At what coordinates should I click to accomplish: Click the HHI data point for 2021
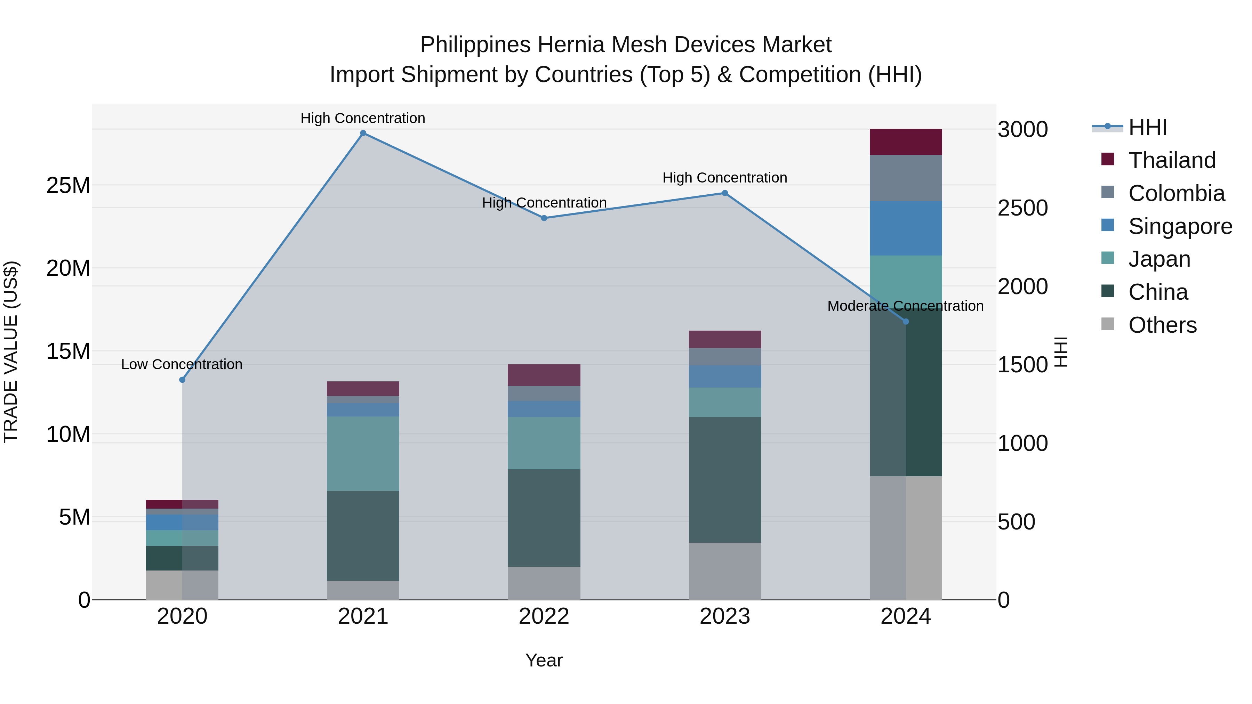pos(363,133)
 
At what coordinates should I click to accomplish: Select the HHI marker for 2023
pos(725,193)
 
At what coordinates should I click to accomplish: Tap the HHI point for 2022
pos(544,218)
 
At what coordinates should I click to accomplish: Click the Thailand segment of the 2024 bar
pos(906,142)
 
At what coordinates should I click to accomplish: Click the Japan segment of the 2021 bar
pos(363,453)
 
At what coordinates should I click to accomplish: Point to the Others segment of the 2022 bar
pos(544,583)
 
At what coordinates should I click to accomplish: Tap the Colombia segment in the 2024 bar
pos(906,178)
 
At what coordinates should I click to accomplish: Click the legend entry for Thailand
pos(1171,160)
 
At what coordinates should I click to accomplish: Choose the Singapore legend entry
pos(1180,226)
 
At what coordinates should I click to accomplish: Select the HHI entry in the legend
pos(1147,127)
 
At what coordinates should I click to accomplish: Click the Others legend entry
pos(1162,325)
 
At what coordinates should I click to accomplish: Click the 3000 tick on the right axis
pos(1022,130)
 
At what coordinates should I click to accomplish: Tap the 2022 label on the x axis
pos(544,616)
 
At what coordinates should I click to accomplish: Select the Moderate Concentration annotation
pos(905,306)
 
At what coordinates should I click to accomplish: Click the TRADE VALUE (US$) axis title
pos(11,352)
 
